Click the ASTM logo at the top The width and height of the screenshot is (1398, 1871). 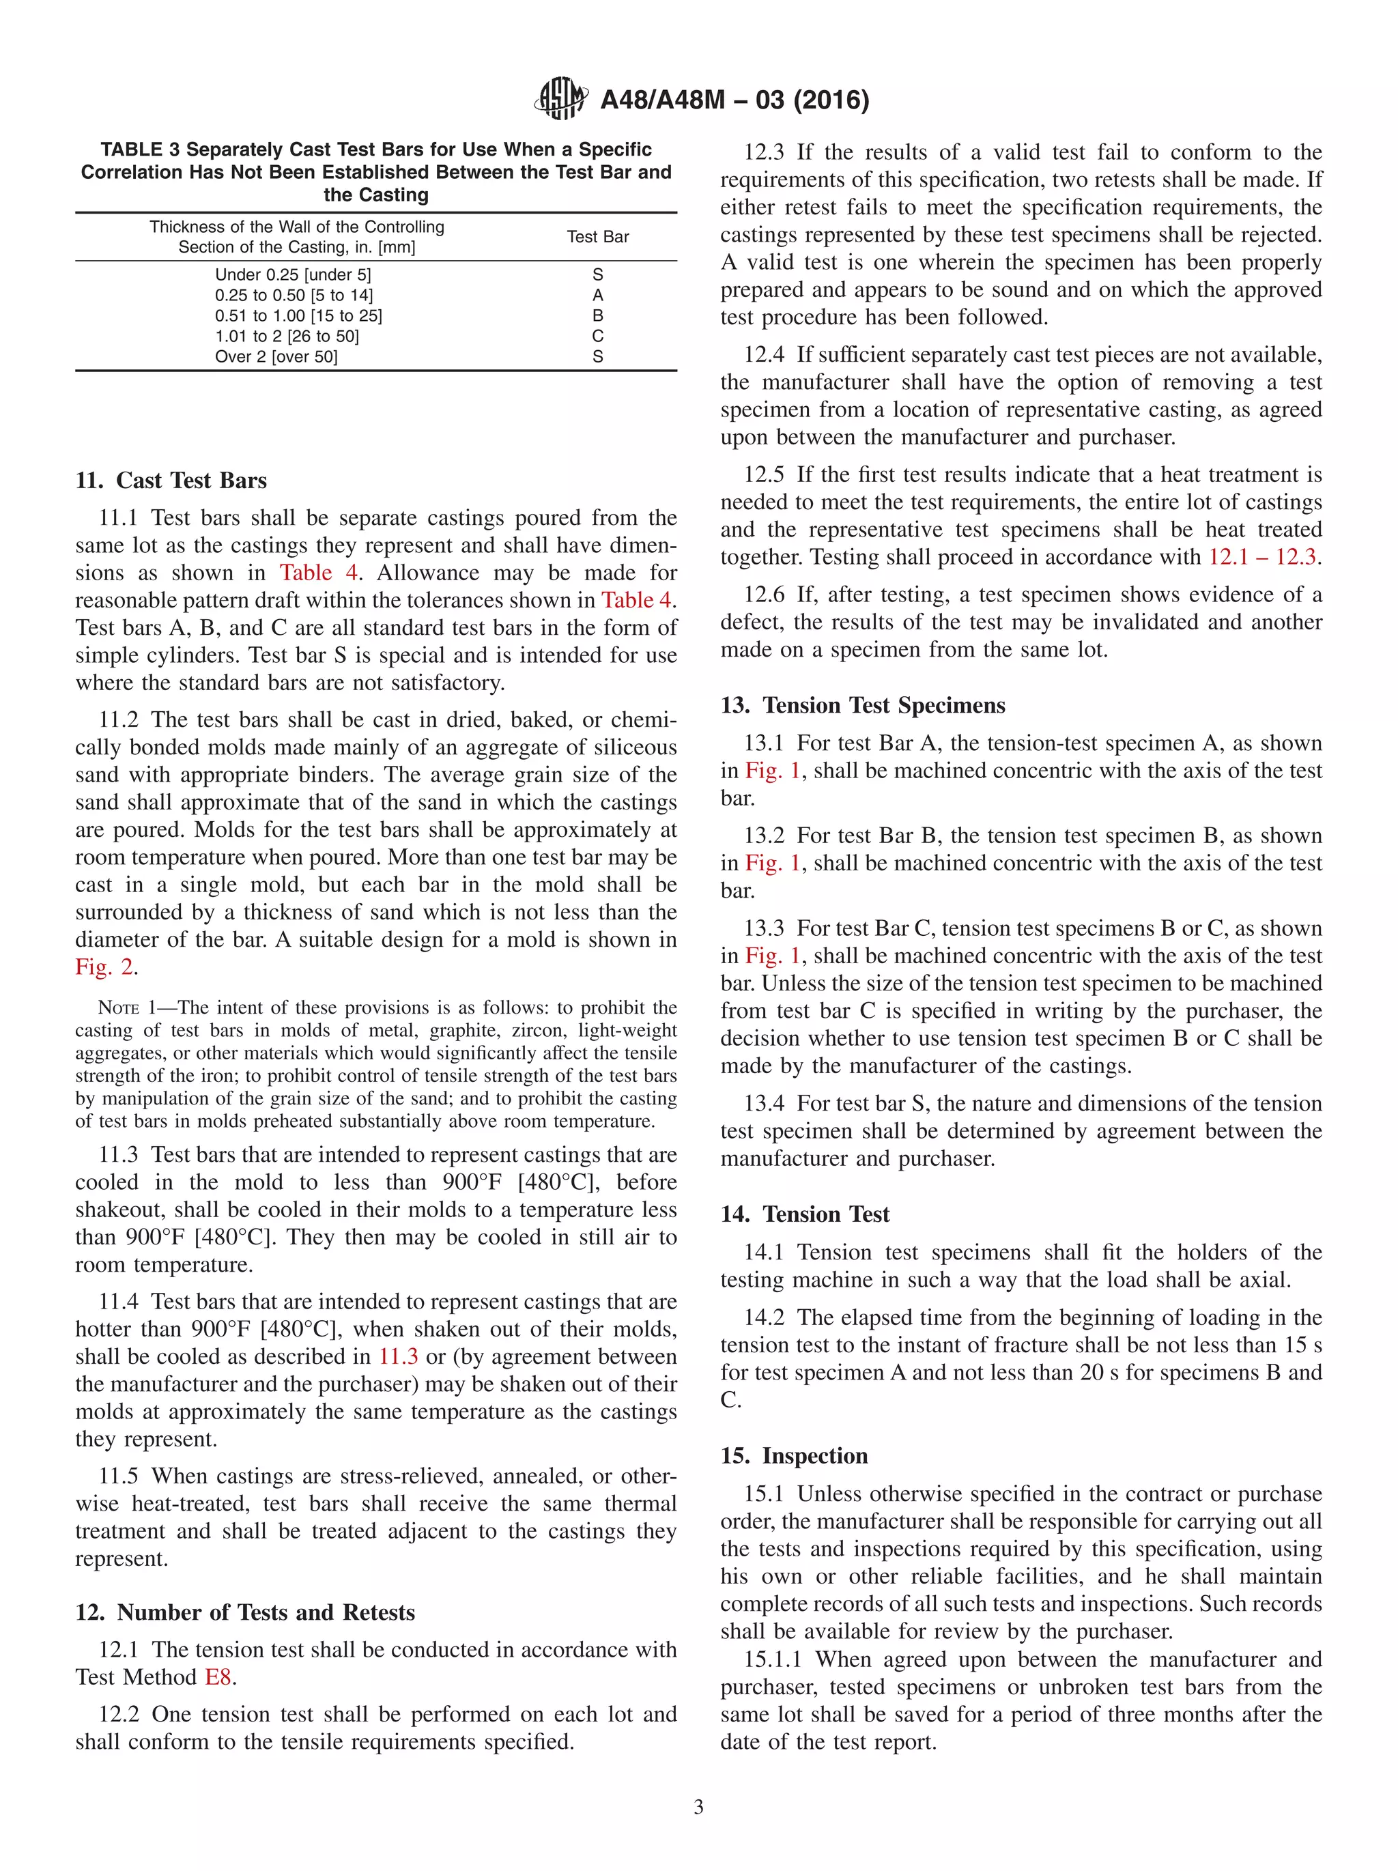tap(560, 99)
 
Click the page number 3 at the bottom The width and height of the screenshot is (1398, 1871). tap(698, 1807)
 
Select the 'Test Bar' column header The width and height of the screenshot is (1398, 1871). tap(597, 237)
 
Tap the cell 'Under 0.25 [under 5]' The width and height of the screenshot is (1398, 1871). tap(293, 275)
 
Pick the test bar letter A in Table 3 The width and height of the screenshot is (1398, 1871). tap(597, 295)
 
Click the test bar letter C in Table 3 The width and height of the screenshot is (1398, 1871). tap(597, 336)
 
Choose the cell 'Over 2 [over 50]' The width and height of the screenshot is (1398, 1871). tap(276, 357)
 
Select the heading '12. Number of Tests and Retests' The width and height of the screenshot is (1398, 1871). tap(245, 1612)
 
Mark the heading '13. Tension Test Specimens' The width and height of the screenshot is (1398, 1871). tap(863, 705)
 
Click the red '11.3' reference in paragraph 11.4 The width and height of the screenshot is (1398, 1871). tap(397, 1357)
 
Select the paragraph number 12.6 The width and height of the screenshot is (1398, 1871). tap(764, 595)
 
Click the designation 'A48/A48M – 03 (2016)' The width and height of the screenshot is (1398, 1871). tap(734, 100)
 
